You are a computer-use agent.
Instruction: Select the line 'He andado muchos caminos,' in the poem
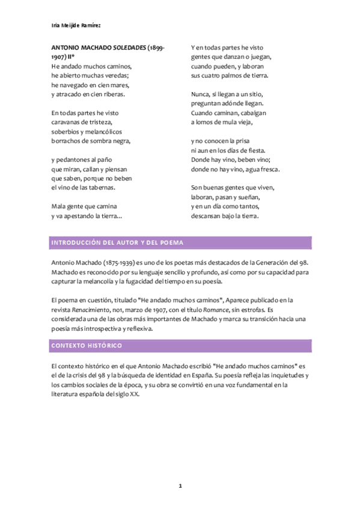[x=91, y=66]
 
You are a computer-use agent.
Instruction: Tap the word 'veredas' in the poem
[x=115, y=76]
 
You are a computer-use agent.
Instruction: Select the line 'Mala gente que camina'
[x=84, y=206]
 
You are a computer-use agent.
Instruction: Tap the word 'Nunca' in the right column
[x=201, y=94]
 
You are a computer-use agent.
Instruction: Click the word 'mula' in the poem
[x=228, y=122]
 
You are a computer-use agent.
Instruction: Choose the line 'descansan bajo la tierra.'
[x=224, y=215]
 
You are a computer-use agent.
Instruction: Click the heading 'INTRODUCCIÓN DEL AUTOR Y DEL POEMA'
[x=117, y=242]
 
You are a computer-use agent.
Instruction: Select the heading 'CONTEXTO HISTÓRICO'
[x=87, y=346]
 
